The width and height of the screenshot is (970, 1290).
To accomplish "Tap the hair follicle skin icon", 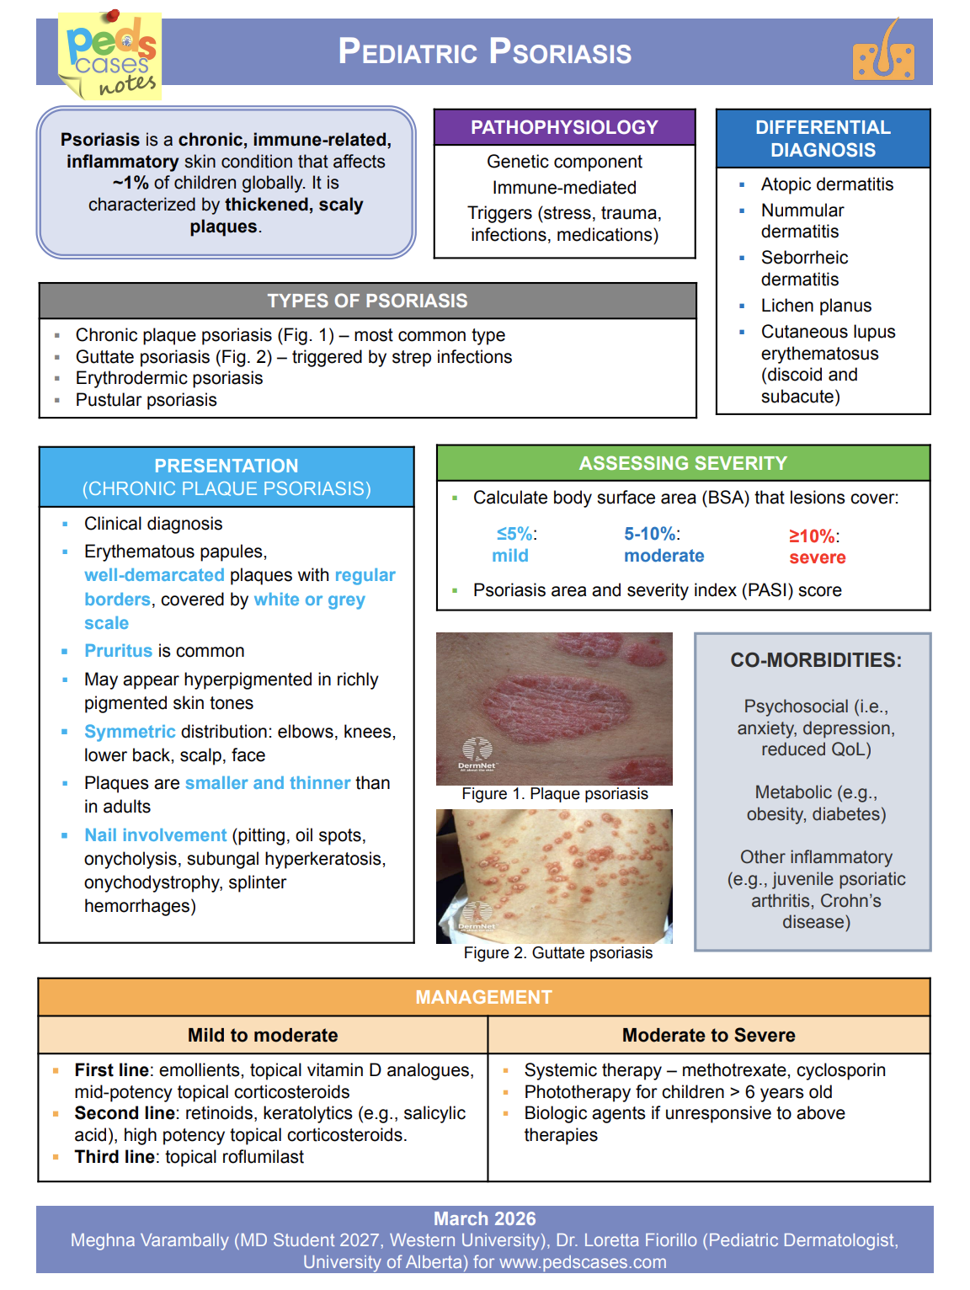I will pos(883,53).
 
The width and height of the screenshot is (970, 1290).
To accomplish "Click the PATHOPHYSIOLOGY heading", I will pos(564,127).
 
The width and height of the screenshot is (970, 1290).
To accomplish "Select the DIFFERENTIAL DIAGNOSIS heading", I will pos(823,139).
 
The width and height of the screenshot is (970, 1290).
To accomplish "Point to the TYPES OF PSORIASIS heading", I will pos(367,301).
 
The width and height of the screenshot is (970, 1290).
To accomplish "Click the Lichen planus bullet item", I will pos(816,306).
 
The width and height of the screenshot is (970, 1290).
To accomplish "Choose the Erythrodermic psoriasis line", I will pos(169,378).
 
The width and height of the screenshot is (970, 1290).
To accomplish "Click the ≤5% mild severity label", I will pos(513,545).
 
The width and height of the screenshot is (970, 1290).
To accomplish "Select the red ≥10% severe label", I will pos(816,546).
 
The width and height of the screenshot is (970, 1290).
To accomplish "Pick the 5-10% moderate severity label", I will pos(664,545).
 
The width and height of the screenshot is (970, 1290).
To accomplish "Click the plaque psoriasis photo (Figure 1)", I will pos(554,708).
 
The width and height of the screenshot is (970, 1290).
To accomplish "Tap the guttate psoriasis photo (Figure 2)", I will pos(554,876).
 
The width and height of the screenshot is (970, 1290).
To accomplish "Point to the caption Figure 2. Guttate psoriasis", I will pos(557,952).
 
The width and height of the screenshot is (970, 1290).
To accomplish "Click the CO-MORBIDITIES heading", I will pos(815,660).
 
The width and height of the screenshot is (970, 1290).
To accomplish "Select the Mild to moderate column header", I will pos(263,1035).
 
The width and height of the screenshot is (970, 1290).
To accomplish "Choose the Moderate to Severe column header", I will pos(708,1035).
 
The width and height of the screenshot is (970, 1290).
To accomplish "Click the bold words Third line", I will pos(115,1157).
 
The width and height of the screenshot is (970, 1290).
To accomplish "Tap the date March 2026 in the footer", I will pos(484,1218).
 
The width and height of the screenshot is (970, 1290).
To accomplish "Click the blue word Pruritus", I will pos(118,651).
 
